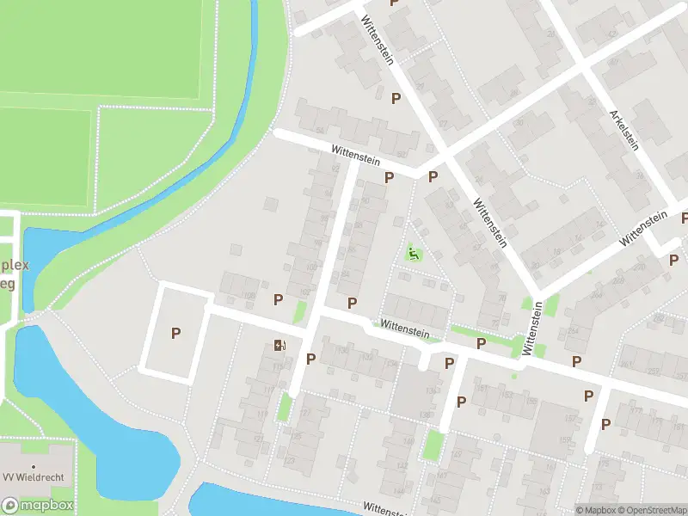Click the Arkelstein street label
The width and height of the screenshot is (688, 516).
point(623,130)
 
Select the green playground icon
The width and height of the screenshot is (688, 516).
point(414,253)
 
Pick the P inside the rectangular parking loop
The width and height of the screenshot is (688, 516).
point(176,333)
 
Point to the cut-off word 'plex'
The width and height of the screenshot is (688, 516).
point(15,264)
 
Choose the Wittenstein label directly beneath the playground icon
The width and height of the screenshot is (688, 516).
point(404,327)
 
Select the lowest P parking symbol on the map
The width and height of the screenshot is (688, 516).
point(606,423)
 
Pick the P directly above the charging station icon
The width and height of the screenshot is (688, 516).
point(278,299)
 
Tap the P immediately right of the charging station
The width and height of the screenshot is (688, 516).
point(310,359)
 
